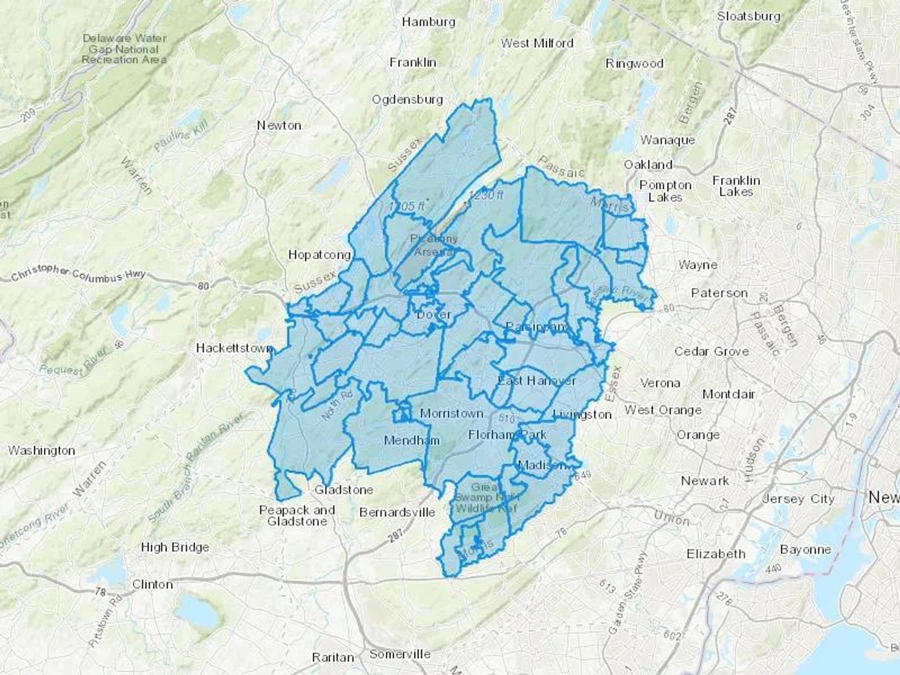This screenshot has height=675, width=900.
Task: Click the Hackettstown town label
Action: click(x=233, y=348)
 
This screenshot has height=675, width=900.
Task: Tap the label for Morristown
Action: click(x=451, y=413)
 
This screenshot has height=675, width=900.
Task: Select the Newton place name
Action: click(x=279, y=125)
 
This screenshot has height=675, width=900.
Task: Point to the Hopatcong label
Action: click(x=319, y=255)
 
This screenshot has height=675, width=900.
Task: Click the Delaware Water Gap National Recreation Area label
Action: click(x=124, y=48)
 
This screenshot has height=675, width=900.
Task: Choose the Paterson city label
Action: click(x=719, y=293)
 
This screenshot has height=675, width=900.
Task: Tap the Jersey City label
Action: click(x=798, y=499)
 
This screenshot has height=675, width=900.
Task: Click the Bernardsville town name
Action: click(x=397, y=512)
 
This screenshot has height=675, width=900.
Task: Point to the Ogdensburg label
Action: click(x=407, y=99)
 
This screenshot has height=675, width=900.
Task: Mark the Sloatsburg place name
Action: click(x=748, y=16)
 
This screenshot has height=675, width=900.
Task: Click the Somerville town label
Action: click(x=400, y=654)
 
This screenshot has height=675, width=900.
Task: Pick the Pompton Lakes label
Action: click(x=665, y=191)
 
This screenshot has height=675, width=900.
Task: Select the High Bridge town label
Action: click(x=174, y=547)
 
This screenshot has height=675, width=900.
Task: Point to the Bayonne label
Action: click(x=805, y=549)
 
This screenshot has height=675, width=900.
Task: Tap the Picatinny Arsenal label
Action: click(x=433, y=245)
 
